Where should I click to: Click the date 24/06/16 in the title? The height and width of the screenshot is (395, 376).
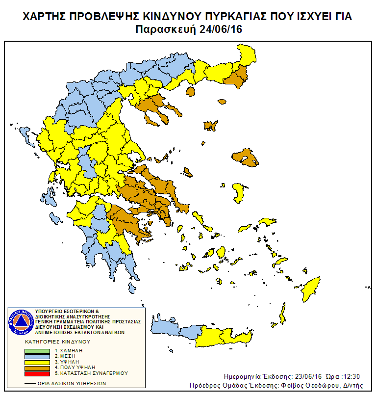(221, 29)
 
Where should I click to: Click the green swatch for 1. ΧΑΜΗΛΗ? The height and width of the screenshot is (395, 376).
(37, 351)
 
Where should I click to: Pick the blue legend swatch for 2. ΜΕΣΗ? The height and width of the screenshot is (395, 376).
(37, 356)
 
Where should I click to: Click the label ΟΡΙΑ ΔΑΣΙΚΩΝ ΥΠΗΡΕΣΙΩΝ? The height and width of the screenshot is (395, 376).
(74, 383)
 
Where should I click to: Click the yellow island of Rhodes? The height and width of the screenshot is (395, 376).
(311, 289)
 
